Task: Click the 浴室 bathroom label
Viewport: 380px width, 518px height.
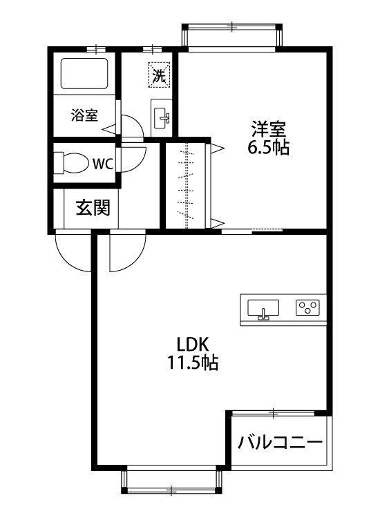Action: [84, 116]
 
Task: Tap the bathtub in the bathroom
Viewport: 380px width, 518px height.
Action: [84, 74]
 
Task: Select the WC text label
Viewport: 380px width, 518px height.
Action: [102, 164]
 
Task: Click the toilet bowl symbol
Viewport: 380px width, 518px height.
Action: [71, 164]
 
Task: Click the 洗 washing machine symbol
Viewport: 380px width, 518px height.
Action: [160, 75]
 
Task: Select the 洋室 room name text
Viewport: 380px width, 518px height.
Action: [269, 129]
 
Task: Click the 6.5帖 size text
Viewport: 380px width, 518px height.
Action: [269, 147]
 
